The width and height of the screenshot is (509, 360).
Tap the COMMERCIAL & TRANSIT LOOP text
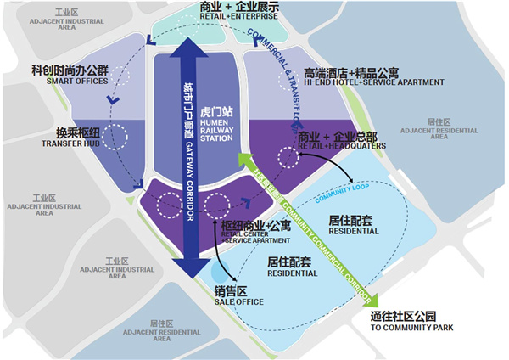(x=276, y=59)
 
